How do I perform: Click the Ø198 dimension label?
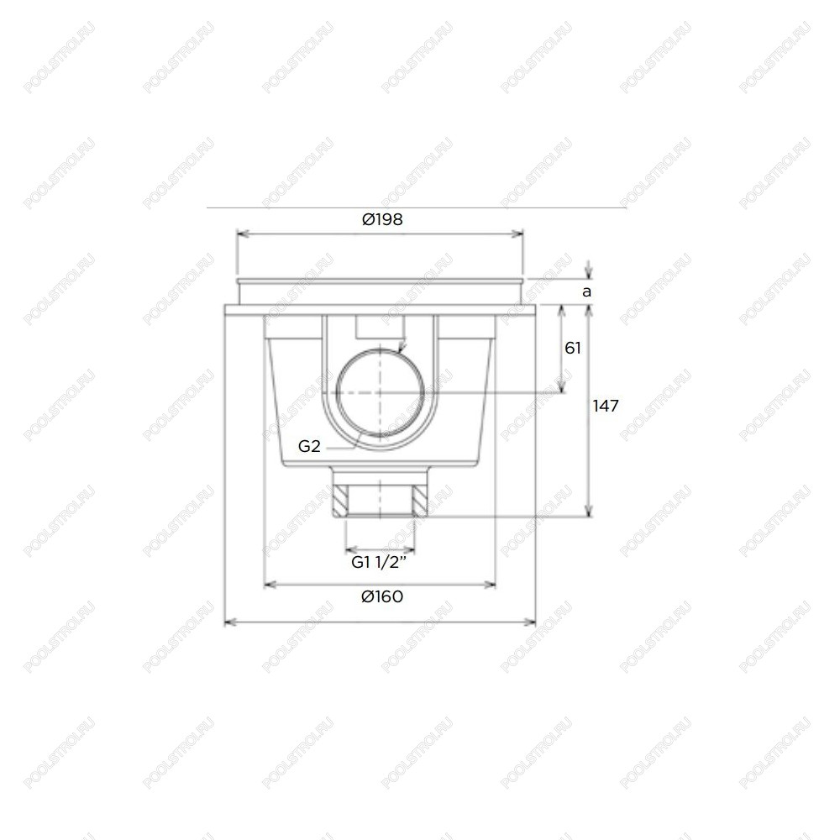(382, 219)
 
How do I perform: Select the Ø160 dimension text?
(382, 596)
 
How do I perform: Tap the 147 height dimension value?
(606, 406)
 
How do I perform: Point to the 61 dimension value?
(573, 349)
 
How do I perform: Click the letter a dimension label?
(586, 292)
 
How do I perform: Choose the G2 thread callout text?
(309, 446)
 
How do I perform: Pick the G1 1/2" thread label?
(380, 563)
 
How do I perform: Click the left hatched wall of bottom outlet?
(339, 501)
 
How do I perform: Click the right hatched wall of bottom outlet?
(421, 501)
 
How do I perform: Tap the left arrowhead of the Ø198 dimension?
(242, 233)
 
